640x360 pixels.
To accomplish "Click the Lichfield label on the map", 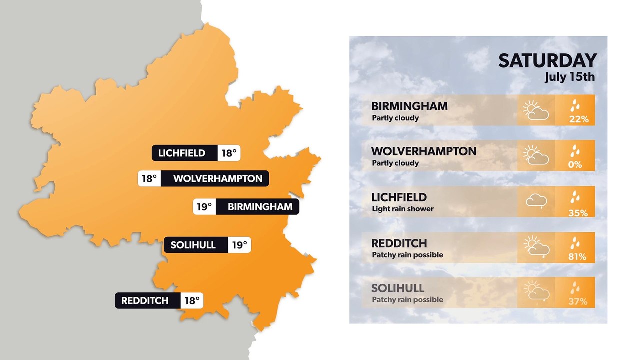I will (x=182, y=153).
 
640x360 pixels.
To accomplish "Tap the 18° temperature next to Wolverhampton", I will (x=149, y=178).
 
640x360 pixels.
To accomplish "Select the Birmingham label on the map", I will (x=260, y=207).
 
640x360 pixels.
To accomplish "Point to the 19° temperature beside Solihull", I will (x=239, y=245).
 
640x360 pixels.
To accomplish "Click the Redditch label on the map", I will (x=145, y=301).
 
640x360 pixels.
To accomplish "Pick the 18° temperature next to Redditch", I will (x=192, y=301).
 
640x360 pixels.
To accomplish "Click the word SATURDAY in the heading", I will (x=547, y=61).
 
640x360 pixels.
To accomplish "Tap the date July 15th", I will (x=570, y=78).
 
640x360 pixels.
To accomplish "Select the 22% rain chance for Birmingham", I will (x=578, y=119).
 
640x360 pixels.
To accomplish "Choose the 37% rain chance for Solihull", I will (x=578, y=302).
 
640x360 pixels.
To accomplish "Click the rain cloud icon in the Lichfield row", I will (x=536, y=201).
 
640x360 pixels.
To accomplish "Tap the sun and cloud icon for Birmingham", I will (x=536, y=110).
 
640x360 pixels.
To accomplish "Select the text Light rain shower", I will (x=402, y=209).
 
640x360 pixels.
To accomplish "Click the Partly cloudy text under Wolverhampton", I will (x=395, y=163).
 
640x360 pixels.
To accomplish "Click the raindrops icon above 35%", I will (x=576, y=198).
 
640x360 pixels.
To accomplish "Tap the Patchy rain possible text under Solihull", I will (x=407, y=300).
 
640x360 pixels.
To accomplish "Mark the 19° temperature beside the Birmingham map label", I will (x=204, y=207).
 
